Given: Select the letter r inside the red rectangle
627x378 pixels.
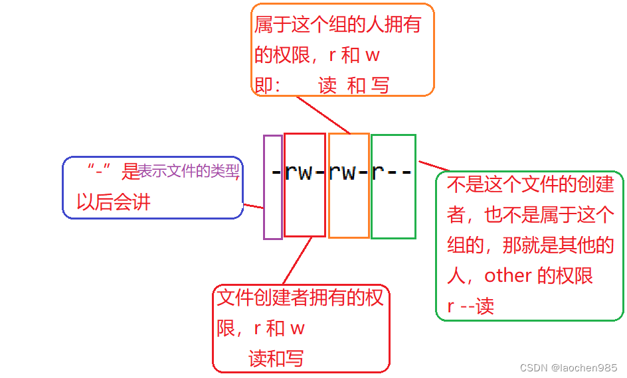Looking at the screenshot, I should pyautogui.click(x=290, y=172).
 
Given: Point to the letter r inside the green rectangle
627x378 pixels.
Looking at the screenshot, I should pyautogui.click(x=378, y=172).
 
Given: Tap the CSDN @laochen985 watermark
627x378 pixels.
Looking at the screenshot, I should pyautogui.click(x=569, y=367).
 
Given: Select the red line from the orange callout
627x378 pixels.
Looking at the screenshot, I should pyautogui.click(x=323, y=115).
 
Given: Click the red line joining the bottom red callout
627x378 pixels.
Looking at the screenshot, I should pyautogui.click(x=297, y=261).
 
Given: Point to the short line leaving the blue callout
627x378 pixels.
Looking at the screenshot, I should pyautogui.click(x=254, y=207).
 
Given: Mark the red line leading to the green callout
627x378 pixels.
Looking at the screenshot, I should pyautogui.click(x=434, y=165).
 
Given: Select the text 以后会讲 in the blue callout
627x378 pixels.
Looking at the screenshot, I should pyautogui.click(x=114, y=202).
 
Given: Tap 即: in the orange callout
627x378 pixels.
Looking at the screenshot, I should pyautogui.click(x=268, y=86).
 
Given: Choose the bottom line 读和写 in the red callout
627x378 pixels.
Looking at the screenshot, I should pyautogui.click(x=276, y=358).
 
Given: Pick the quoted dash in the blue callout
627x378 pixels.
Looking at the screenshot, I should pyautogui.click(x=98, y=171).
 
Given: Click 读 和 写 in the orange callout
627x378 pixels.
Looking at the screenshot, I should pyautogui.click(x=353, y=86).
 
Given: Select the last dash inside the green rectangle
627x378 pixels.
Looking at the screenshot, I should pyautogui.click(x=406, y=172).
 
